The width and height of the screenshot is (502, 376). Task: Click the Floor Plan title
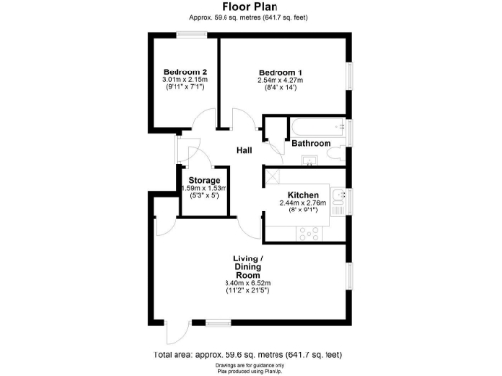coord(250,6)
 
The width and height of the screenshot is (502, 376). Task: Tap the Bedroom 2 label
coord(183,72)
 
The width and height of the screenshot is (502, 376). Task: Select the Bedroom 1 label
coord(279,72)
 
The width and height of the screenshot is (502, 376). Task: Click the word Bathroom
coord(312,143)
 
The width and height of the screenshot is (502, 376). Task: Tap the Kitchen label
coord(299,194)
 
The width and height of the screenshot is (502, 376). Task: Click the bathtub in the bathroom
coord(310,125)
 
